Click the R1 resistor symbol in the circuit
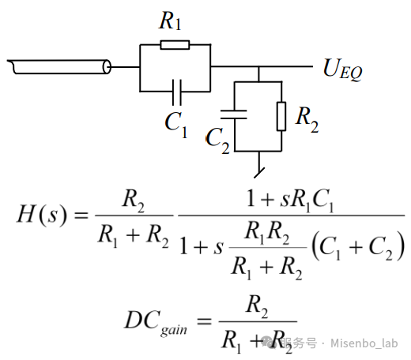(x=175, y=45)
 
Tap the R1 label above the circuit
(x=170, y=21)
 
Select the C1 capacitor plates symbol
(x=176, y=92)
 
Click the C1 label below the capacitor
(x=176, y=125)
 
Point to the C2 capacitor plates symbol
(x=234, y=114)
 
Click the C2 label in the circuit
(x=217, y=141)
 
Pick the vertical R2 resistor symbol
(x=281, y=116)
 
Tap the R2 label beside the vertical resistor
(x=307, y=119)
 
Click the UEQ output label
(x=343, y=69)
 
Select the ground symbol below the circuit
(x=259, y=172)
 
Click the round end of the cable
(x=107, y=67)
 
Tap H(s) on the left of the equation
(x=41, y=215)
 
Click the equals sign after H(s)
(x=81, y=216)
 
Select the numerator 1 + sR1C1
(x=290, y=201)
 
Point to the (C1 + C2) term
(x=358, y=246)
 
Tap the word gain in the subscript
(x=174, y=330)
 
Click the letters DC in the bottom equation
(x=142, y=320)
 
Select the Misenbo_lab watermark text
(x=364, y=343)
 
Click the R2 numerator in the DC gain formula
(x=257, y=306)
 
